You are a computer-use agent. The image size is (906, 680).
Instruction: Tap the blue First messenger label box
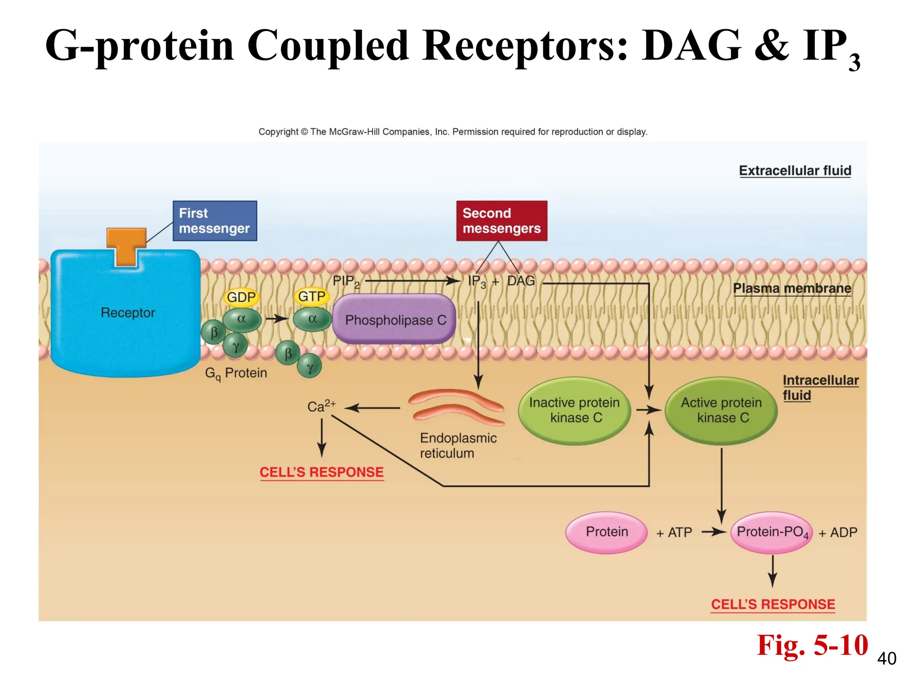215,221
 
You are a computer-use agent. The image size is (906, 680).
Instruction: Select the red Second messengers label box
502,221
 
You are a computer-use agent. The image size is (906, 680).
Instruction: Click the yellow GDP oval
241,297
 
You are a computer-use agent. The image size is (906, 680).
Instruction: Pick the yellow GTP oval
311,296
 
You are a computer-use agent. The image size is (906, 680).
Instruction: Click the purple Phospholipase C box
394,319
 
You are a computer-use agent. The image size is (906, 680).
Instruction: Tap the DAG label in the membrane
521,281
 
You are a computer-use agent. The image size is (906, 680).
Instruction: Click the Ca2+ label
321,406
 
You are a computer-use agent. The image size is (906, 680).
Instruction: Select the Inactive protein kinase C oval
574,410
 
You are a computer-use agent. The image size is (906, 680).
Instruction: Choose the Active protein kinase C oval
721,410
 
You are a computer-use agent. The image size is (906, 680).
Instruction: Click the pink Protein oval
607,532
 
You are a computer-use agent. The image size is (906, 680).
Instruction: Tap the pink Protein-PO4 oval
772,532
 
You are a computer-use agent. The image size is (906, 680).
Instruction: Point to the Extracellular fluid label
795,170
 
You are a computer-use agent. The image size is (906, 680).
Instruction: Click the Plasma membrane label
792,288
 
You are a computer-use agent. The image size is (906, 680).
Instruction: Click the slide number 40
887,659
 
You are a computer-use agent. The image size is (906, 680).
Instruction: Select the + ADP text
837,533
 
